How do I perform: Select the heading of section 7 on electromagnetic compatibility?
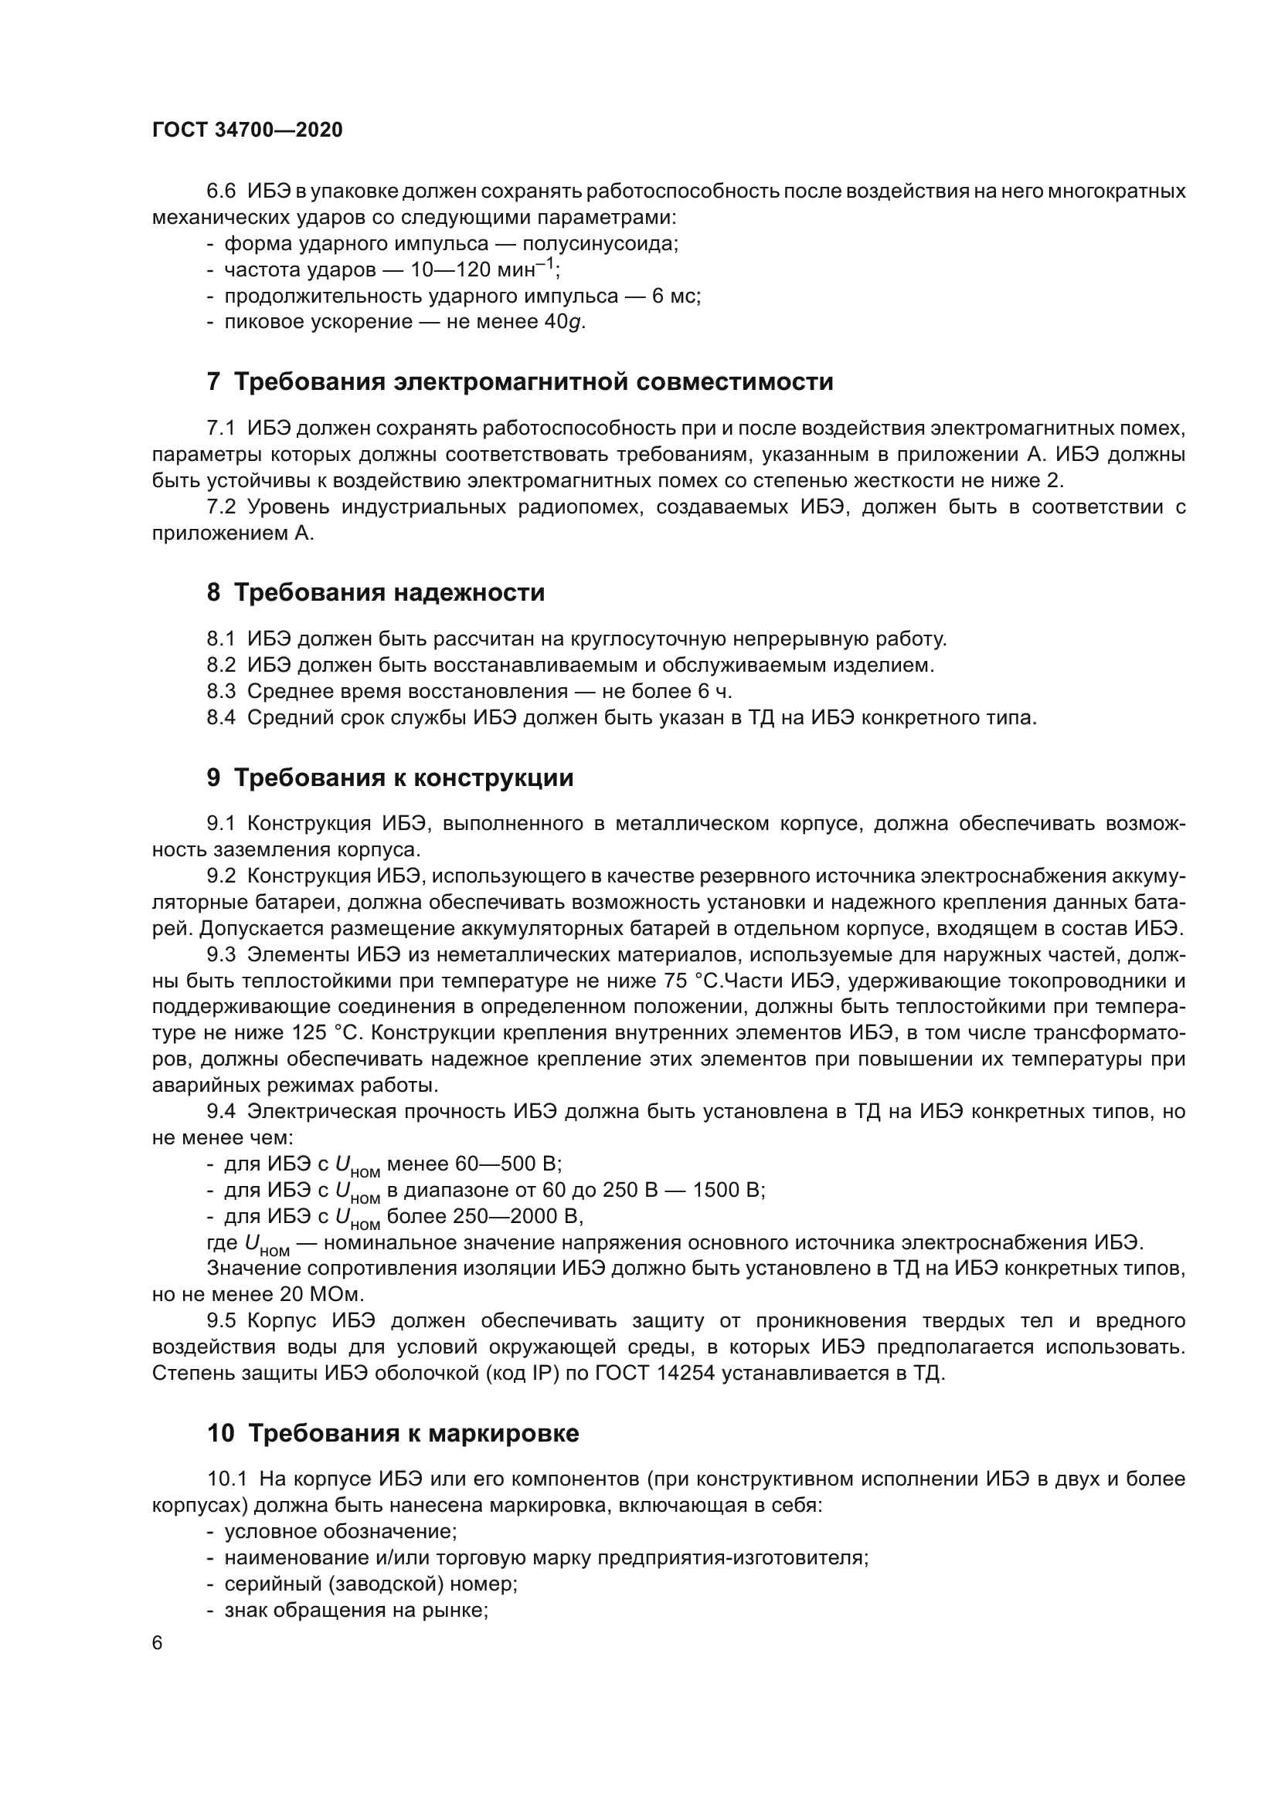coord(519,381)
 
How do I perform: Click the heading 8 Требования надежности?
coord(376,592)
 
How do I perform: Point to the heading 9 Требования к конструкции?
coord(390,778)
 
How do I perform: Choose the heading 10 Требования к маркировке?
coord(393,1433)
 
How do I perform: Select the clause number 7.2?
coord(221,507)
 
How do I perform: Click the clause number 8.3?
coord(221,691)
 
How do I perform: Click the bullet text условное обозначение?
coord(340,1531)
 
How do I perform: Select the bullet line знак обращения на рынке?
coord(355,1610)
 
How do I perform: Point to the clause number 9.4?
coord(221,1111)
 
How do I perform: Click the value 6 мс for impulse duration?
coord(675,296)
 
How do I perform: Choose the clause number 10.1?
coord(226,1479)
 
